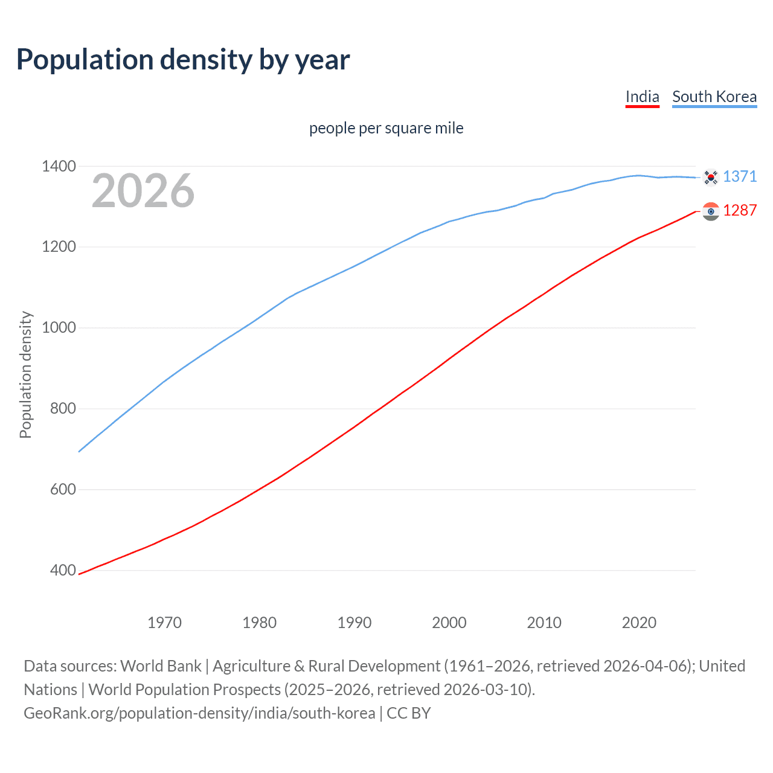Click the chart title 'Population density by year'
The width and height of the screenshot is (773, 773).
click(x=183, y=60)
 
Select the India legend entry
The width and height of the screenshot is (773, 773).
click(x=642, y=97)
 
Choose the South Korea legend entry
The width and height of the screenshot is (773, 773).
click(x=714, y=97)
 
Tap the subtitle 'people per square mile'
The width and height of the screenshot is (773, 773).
click(x=386, y=129)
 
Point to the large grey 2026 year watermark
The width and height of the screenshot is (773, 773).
click(x=143, y=191)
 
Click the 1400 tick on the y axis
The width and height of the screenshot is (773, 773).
click(x=59, y=166)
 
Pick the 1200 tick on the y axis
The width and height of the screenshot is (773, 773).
click(x=59, y=247)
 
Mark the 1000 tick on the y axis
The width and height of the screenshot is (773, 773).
click(x=59, y=328)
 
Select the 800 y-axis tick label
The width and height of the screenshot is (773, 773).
click(x=63, y=409)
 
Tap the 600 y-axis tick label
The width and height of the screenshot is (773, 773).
click(x=63, y=490)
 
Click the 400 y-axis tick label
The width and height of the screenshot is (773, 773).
click(x=63, y=571)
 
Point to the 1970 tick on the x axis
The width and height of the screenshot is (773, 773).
click(x=164, y=623)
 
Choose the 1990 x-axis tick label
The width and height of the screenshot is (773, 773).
click(x=354, y=623)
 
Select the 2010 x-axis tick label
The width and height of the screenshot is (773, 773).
click(x=544, y=623)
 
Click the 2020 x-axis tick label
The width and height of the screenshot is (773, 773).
click(x=639, y=623)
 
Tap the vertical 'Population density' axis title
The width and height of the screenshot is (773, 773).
click(x=25, y=374)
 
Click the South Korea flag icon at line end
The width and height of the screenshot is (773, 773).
click(x=711, y=177)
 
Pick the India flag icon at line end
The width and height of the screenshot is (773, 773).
click(x=711, y=211)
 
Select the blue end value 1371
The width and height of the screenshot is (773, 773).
click(x=740, y=176)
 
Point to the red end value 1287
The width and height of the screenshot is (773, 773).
click(x=740, y=210)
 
